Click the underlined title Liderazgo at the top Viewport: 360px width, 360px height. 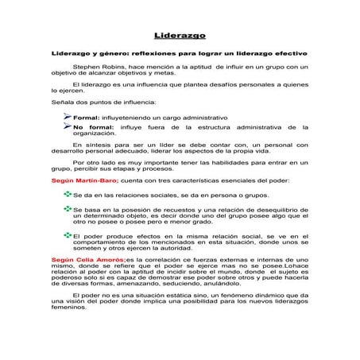(180, 36)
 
